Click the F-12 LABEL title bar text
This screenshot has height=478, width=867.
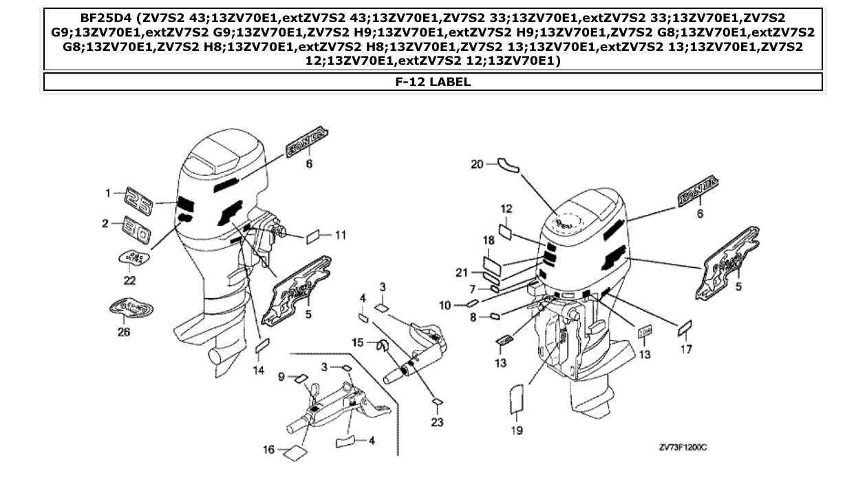coord(433,82)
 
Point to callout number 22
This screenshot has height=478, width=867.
coord(129,280)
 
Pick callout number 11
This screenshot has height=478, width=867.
coord(340,235)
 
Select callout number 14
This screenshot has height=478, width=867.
coord(258,370)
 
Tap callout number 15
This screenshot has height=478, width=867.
coord(357,342)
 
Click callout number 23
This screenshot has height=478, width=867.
coord(437,422)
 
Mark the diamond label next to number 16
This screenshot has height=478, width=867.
coord(295,453)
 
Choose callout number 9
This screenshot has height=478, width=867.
coord(281,376)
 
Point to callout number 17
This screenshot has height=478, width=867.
coord(686,350)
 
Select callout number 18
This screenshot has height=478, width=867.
coord(489,240)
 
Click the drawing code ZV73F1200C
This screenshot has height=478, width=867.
coord(683,448)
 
